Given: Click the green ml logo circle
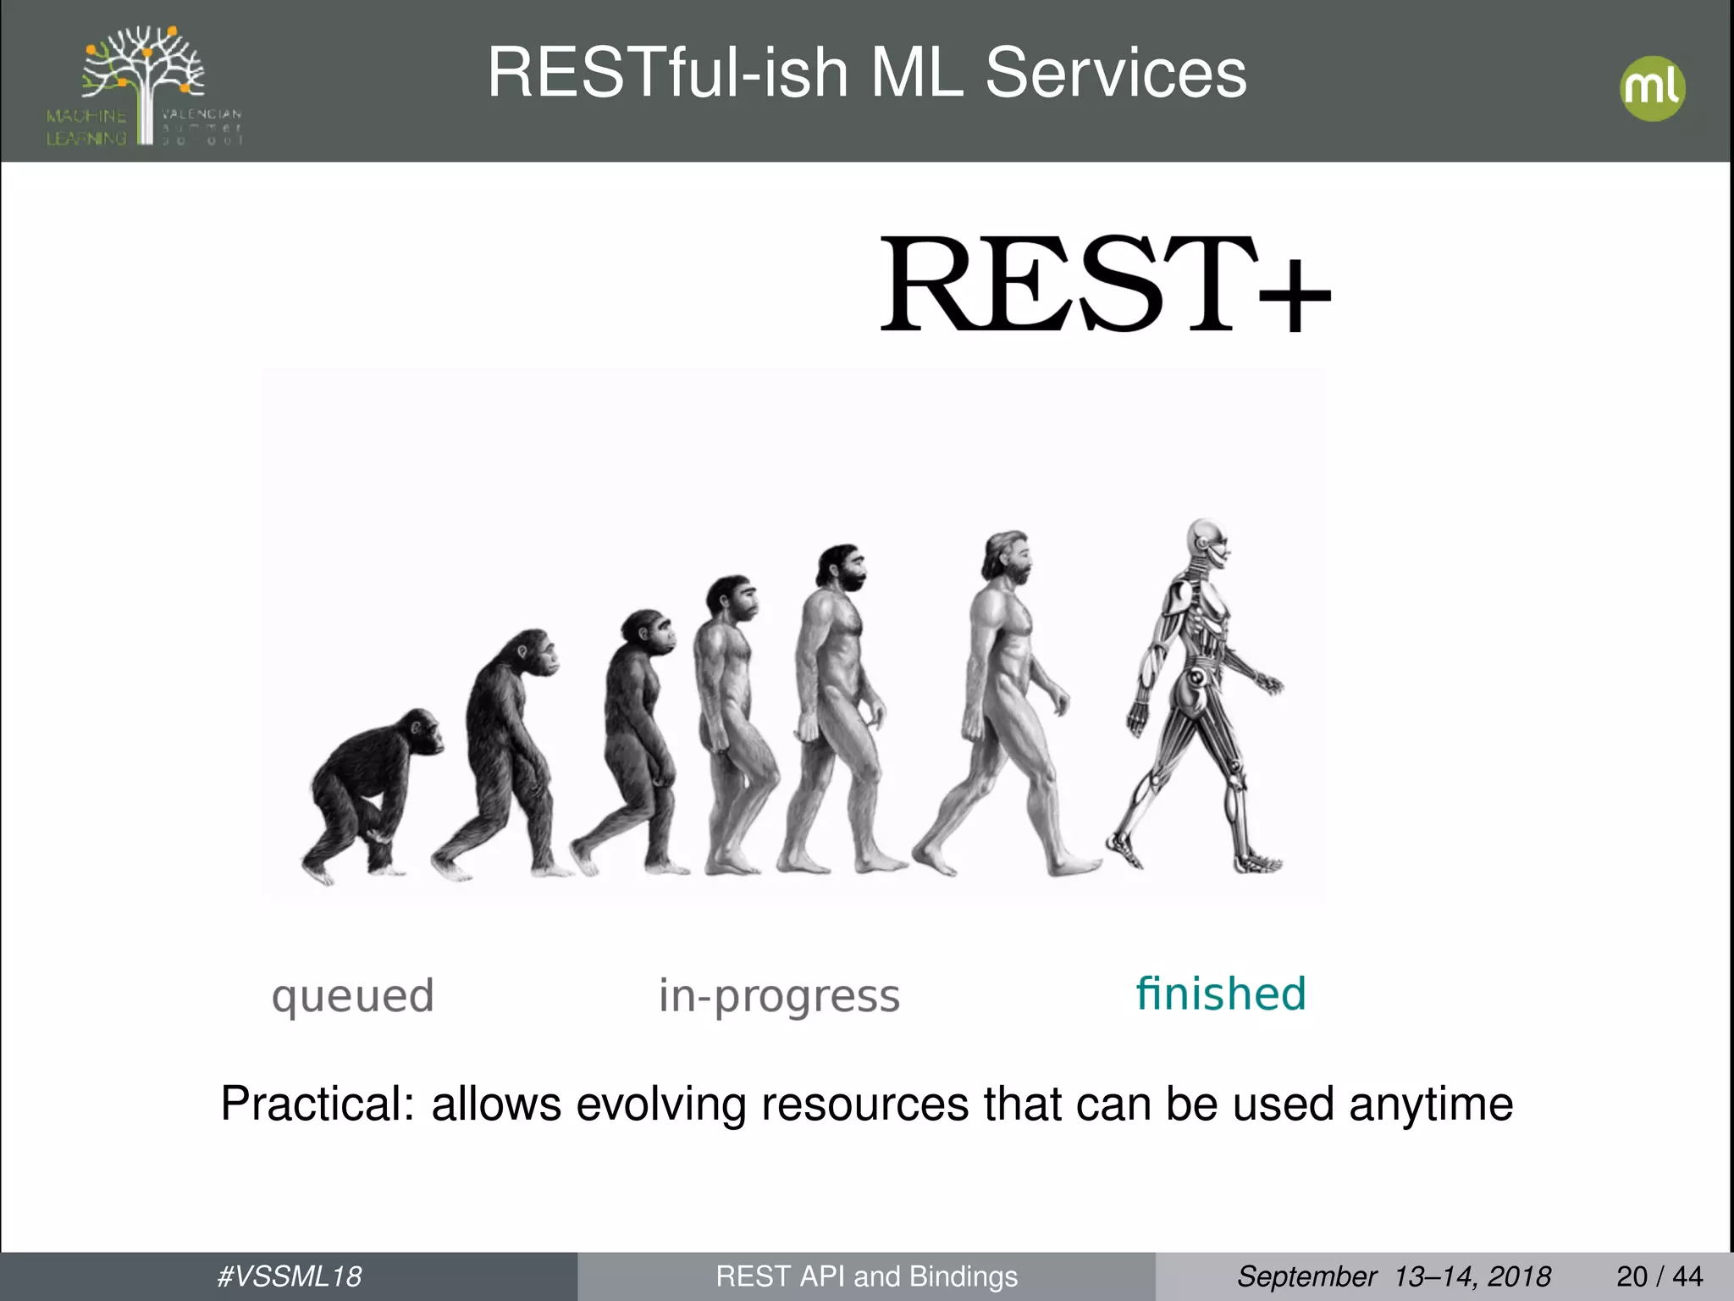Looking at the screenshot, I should click(x=1652, y=89).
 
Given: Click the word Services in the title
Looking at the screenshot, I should click(x=1115, y=73).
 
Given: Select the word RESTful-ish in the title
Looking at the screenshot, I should click(x=668, y=73).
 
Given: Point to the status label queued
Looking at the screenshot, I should click(x=352, y=996).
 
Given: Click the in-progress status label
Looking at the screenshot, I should click(x=779, y=996).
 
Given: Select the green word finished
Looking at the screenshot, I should click(x=1220, y=994).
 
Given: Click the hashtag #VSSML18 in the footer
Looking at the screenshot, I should click(x=289, y=1276).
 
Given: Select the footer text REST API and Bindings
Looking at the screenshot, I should click(x=866, y=1276).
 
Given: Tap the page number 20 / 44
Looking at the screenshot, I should click(x=1659, y=1276).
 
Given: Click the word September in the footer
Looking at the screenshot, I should click(x=1306, y=1276).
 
